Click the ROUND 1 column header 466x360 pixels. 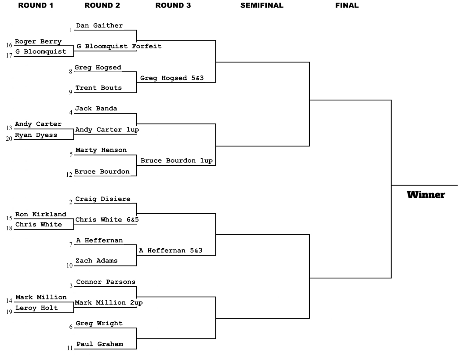36,5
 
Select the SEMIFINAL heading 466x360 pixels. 262,5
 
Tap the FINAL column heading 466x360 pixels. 347,5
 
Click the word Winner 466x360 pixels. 426,195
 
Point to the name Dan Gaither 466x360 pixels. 99,25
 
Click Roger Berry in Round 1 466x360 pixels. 38,42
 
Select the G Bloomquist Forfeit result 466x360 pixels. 119,46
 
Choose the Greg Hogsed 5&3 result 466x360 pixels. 172,78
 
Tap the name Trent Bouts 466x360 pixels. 98,88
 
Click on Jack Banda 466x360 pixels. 96,109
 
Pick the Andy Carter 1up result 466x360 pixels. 107,130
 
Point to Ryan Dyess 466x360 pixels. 36,135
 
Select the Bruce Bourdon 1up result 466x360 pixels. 177,161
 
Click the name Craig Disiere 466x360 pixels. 103,199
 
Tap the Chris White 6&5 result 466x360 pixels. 107,220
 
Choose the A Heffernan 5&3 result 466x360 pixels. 171,251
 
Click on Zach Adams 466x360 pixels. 96,261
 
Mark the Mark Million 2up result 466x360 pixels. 109,303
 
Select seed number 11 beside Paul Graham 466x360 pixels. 70,348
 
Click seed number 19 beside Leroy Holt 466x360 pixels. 9,312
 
